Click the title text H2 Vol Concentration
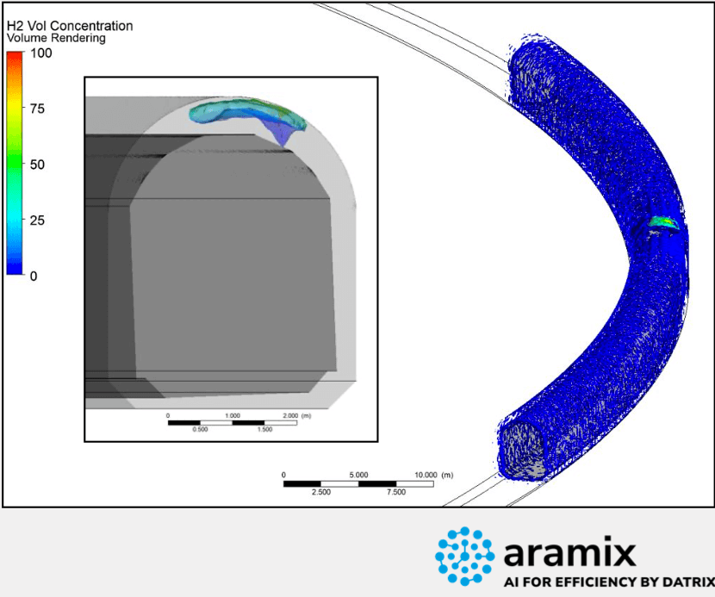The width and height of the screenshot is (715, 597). point(70,26)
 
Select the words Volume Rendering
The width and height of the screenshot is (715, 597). point(56,38)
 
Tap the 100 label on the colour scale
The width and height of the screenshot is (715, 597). point(41,53)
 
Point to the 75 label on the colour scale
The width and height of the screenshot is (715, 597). point(37,109)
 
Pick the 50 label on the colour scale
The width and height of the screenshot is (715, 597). point(37,165)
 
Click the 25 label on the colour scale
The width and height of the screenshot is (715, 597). point(37,221)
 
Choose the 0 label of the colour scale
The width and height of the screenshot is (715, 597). point(34,277)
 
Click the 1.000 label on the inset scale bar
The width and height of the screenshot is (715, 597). point(233,415)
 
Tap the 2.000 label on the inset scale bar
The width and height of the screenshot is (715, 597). point(290,415)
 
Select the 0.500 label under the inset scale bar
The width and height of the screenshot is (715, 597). point(200,430)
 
